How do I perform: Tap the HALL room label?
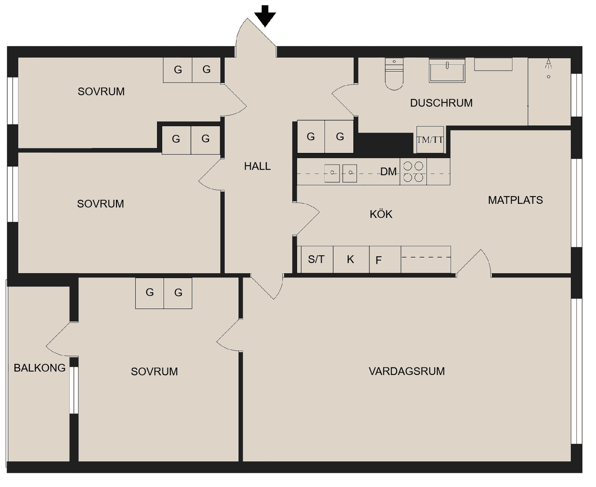click(257, 166)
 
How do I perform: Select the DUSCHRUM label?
click(441, 103)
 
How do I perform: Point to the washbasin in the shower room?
click(447, 70)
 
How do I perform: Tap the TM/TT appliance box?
click(430, 140)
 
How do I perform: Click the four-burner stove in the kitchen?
click(413, 172)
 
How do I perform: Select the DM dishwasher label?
click(388, 172)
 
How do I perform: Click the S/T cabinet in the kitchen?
click(316, 259)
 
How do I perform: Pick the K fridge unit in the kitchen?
click(350, 259)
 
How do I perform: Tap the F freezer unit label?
click(379, 260)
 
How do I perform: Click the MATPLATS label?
click(515, 200)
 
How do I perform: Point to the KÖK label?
click(381, 214)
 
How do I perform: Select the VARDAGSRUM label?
click(406, 371)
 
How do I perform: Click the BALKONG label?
click(39, 368)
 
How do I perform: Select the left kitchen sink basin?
click(332, 173)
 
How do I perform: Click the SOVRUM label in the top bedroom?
click(101, 91)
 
